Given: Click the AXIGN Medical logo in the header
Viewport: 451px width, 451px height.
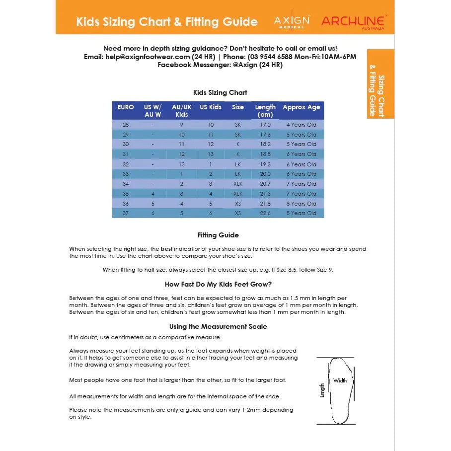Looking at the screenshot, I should click(x=292, y=21).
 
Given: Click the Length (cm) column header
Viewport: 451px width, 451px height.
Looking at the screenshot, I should click(x=265, y=111).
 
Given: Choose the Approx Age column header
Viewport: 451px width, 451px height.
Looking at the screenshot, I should click(x=301, y=107).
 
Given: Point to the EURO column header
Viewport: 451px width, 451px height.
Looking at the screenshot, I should click(x=126, y=107).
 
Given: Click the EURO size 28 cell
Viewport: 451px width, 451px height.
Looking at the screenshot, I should click(x=126, y=125).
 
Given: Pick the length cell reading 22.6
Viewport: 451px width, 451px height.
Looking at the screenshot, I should click(x=265, y=213).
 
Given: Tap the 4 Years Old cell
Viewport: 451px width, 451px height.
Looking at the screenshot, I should click(x=301, y=125).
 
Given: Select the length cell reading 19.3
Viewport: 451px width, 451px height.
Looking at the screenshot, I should click(x=265, y=164).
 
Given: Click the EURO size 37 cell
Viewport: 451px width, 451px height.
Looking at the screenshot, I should click(x=126, y=213).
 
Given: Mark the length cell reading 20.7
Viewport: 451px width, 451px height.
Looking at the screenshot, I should click(x=265, y=184).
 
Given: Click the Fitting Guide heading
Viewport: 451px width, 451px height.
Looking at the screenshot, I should click(x=218, y=235).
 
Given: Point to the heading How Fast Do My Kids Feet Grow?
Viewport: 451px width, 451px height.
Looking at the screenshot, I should click(x=218, y=285).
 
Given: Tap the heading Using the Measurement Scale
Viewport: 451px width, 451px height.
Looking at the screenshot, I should click(x=218, y=326).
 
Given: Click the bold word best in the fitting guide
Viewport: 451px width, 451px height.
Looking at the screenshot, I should click(x=167, y=249).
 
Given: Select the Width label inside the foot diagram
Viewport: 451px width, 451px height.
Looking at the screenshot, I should click(x=340, y=380).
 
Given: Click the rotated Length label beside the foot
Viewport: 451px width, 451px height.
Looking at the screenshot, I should click(x=322, y=390).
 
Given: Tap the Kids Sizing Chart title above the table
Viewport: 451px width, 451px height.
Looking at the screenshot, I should click(x=220, y=92).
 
